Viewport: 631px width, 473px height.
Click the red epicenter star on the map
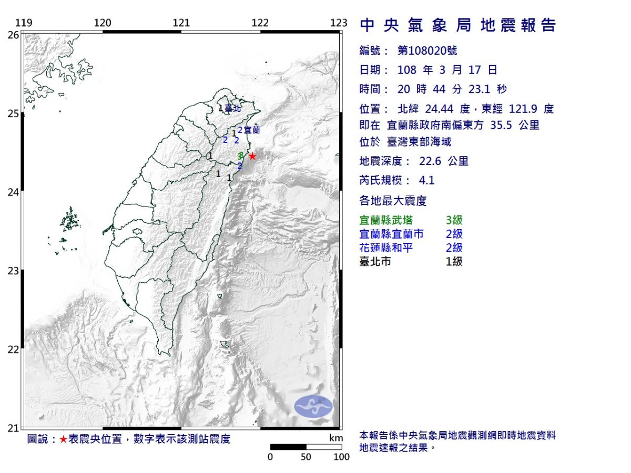(x=252, y=156)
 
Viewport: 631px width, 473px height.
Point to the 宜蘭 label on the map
(x=252, y=129)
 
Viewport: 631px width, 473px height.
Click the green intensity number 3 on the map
(x=240, y=156)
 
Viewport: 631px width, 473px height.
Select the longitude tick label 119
(x=24, y=23)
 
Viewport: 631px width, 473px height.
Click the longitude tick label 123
(x=339, y=23)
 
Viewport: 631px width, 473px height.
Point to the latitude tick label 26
(x=13, y=35)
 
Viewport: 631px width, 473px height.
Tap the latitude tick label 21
(x=13, y=428)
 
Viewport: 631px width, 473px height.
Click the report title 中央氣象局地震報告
(x=457, y=25)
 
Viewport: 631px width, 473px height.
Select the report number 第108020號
(x=427, y=50)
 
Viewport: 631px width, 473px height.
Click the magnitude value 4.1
(x=426, y=181)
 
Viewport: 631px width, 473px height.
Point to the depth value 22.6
(x=430, y=161)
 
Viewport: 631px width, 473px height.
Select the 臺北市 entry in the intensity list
(x=375, y=261)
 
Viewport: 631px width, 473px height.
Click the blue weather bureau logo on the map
(x=313, y=406)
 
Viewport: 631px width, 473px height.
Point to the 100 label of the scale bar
(x=341, y=457)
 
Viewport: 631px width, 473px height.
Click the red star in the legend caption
(x=63, y=439)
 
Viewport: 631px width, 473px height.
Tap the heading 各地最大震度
(x=392, y=200)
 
